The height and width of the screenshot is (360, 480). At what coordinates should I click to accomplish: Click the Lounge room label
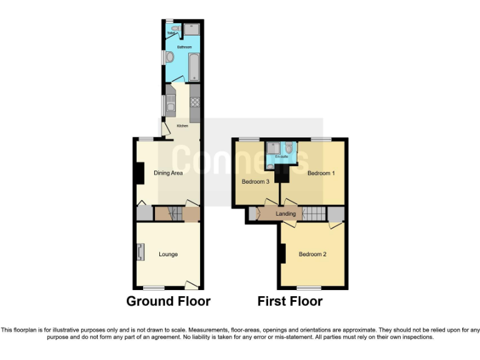point(168,254)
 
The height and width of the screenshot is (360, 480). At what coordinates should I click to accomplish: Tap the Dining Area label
point(168,173)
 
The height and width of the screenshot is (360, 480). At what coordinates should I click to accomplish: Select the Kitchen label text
point(182,126)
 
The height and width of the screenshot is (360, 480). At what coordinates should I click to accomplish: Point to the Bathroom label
point(184,47)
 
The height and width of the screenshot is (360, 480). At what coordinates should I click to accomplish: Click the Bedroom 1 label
point(321,173)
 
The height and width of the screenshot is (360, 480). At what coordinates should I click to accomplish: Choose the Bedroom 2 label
point(312,254)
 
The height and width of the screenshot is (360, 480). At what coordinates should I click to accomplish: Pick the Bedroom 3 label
point(256,182)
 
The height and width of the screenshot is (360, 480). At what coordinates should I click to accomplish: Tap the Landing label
point(286,214)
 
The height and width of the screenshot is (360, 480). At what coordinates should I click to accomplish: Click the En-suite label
point(281,157)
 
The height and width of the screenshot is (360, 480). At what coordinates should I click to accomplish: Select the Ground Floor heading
point(168,301)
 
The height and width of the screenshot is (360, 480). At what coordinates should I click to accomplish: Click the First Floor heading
point(290,301)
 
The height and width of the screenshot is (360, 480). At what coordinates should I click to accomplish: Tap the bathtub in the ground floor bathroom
point(194,67)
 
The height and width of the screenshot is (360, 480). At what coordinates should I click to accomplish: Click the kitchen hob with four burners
point(194,103)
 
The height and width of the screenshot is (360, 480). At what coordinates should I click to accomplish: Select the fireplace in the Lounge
point(139,252)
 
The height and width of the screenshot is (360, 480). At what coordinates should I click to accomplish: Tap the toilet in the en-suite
point(288,147)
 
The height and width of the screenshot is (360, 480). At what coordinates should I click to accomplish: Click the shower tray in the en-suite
point(274,148)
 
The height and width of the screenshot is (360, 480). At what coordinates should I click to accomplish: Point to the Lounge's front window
point(154,287)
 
